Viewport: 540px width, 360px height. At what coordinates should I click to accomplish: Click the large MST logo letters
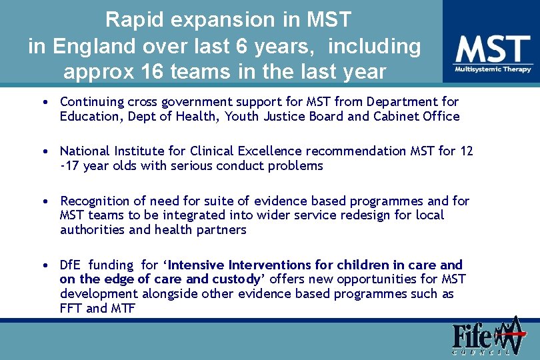tap(493, 49)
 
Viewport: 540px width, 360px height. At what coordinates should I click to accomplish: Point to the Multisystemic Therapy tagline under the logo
tap(493, 69)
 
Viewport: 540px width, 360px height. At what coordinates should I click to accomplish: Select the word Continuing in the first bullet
tap(91, 102)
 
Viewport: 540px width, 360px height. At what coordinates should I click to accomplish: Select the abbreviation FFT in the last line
tap(71, 308)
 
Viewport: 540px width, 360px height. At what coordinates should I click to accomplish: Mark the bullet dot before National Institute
tap(44, 151)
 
